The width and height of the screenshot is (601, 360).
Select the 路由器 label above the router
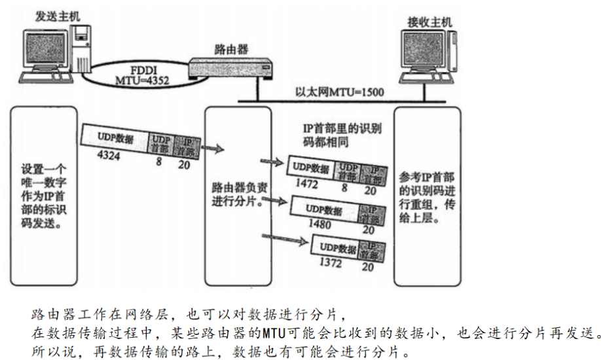tap(231, 49)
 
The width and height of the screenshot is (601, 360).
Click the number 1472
tap(306, 184)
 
